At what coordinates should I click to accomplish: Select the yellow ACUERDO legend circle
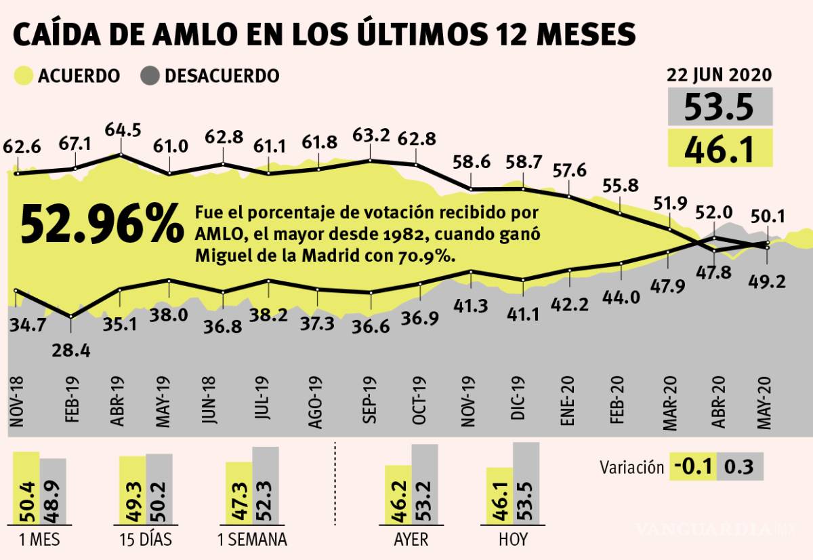pos(24,76)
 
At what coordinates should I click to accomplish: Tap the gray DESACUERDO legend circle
pos(150,76)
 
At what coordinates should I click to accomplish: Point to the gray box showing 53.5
pos(720,106)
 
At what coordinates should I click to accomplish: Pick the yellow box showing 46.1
pos(720,148)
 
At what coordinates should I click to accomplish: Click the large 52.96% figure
pos(102,224)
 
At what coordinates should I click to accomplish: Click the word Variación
pos(631,467)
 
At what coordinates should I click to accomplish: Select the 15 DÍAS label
pos(144,540)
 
